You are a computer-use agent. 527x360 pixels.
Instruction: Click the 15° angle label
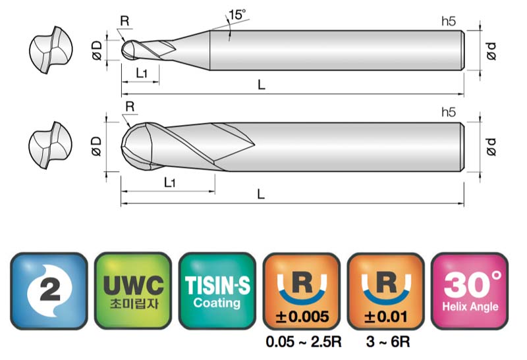click(237, 14)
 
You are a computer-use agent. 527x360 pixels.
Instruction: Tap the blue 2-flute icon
click(49, 291)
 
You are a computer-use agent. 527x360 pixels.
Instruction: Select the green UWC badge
click(133, 291)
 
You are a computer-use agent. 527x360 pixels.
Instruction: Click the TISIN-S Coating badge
click(217, 291)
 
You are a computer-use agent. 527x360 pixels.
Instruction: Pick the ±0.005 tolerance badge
click(302, 291)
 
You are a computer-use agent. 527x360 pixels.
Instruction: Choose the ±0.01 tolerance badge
click(385, 291)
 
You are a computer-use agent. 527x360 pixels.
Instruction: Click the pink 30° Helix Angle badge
click(470, 291)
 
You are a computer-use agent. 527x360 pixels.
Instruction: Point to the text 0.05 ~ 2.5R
click(304, 342)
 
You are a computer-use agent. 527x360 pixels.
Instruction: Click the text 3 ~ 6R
click(388, 342)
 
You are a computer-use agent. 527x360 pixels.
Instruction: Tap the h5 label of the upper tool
click(449, 21)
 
